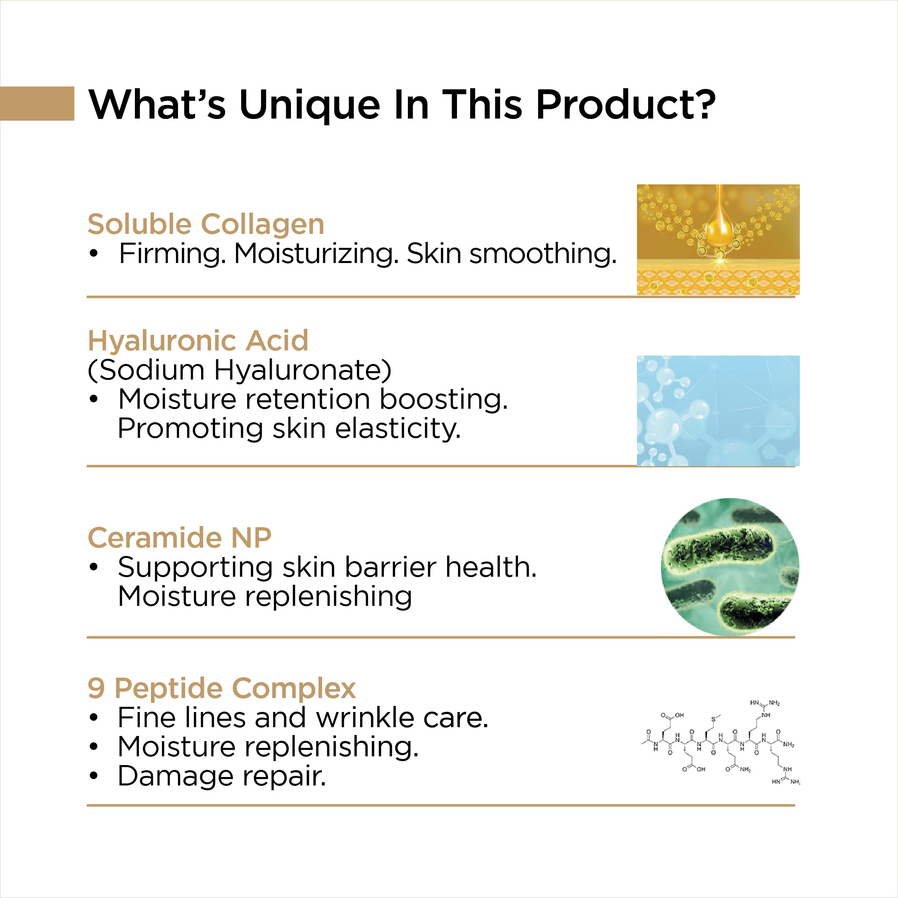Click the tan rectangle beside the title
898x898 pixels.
(37, 103)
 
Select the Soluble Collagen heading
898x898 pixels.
(206, 224)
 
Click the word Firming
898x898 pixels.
(172, 255)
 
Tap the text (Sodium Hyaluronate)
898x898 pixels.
(239, 370)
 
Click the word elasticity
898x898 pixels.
(398, 428)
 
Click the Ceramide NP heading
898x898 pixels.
(180, 538)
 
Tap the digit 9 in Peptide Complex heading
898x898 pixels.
(96, 688)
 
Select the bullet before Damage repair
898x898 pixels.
(94, 776)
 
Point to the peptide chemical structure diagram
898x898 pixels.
(720, 742)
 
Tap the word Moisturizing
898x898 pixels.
(316, 255)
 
